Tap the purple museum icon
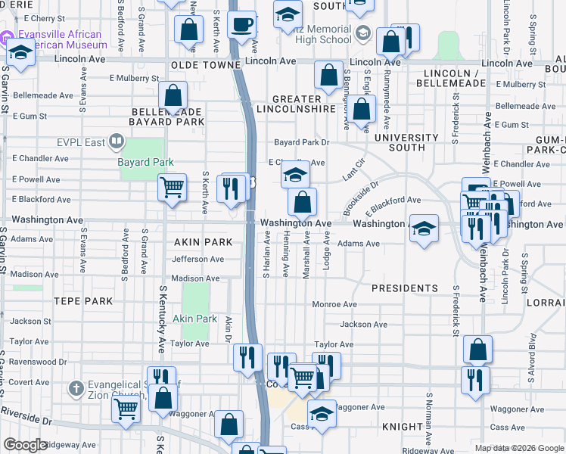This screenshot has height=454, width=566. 8,37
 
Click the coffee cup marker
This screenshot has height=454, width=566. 242,25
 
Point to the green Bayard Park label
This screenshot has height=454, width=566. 145,162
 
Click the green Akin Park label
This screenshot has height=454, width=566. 194,319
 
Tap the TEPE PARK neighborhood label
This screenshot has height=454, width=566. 83,301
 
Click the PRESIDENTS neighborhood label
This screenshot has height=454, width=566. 405,288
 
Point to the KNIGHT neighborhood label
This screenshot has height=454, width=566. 401,427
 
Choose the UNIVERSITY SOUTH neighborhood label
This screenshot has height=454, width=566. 406,142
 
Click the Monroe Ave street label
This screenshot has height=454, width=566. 335,304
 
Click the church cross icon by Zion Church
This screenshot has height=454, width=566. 75,389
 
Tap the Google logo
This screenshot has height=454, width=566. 25,444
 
